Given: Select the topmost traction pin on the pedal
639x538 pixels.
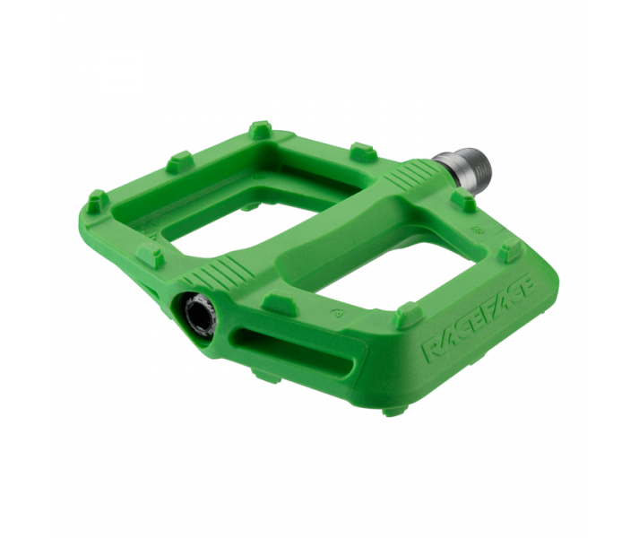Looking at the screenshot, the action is [x=261, y=129].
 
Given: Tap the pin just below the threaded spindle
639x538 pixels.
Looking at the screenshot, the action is [x=463, y=199].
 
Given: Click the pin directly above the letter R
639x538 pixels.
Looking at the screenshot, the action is [x=410, y=312].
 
